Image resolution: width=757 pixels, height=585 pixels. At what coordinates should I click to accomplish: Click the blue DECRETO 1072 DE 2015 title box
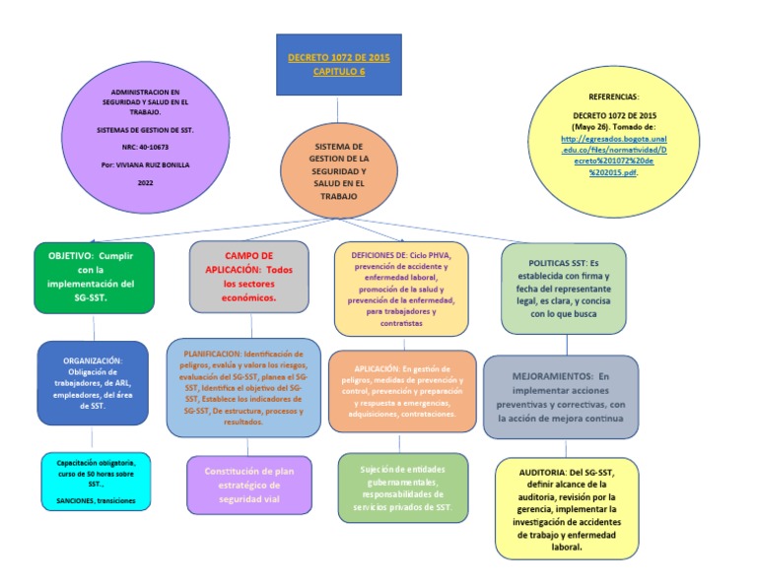pos(338,65)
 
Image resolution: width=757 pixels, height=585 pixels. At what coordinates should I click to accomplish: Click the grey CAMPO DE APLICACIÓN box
pos(248,276)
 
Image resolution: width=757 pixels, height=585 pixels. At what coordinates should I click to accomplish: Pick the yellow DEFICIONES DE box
pos(399,288)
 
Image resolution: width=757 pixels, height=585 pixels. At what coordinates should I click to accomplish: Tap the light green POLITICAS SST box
pos(565,288)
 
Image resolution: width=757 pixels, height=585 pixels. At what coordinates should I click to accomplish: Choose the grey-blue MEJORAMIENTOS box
pos(560,397)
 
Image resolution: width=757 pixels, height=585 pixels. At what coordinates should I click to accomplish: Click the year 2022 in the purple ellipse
pos(146,183)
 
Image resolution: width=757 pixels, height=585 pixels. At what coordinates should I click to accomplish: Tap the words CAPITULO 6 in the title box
pos(338,72)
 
